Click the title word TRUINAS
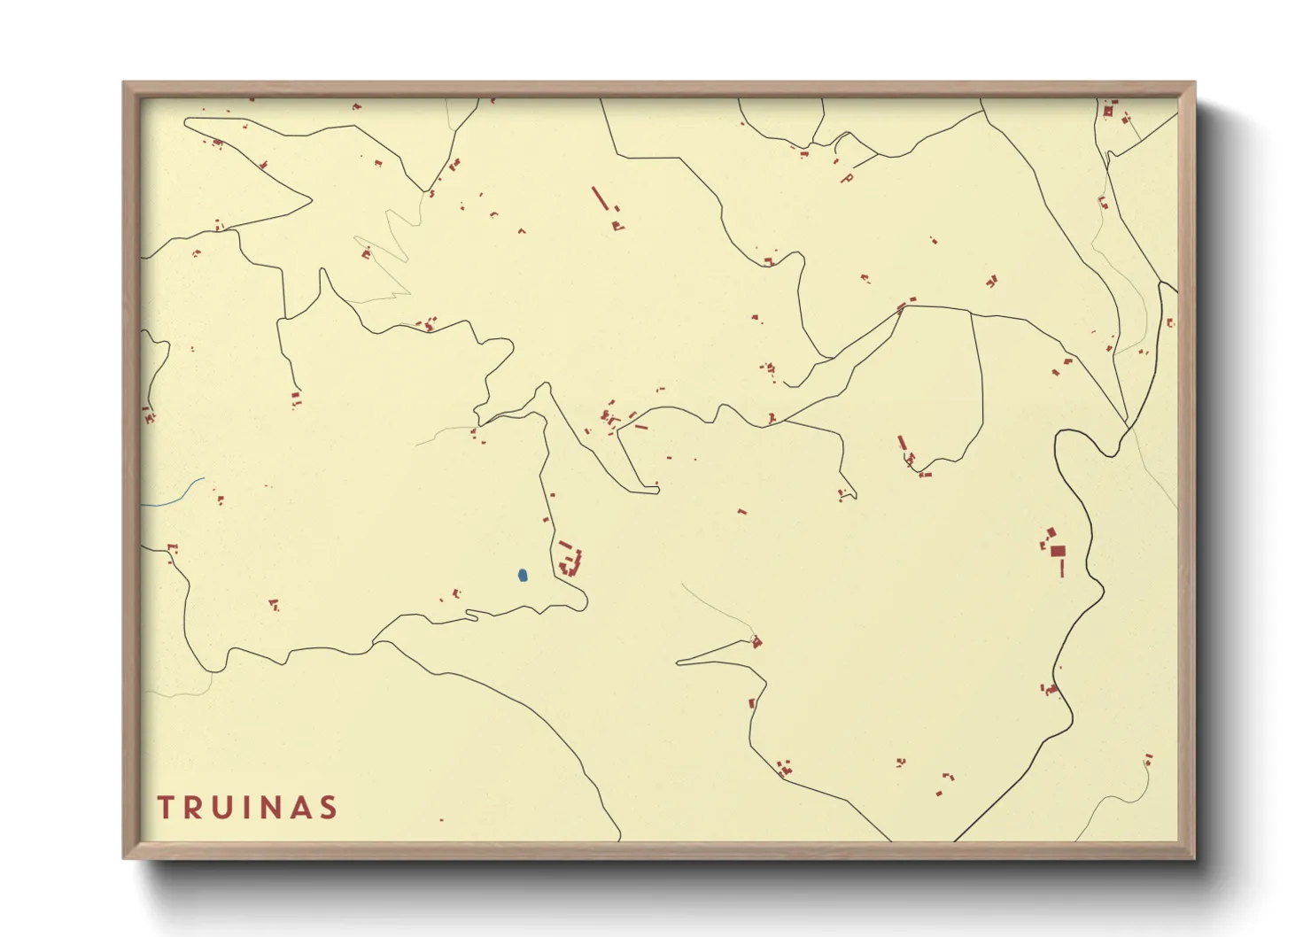[x=247, y=807]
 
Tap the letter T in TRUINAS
[x=166, y=807]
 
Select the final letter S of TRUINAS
[x=330, y=807]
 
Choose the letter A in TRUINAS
[x=300, y=807]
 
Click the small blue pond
[x=523, y=576]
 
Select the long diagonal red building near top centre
[x=600, y=198]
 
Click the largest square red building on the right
[x=1058, y=551]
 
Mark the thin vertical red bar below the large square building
[x=1061, y=568]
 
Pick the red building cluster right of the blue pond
[x=570, y=561]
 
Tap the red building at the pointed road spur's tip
[x=756, y=642]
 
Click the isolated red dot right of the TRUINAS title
[x=441, y=819]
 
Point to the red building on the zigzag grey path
[x=366, y=254]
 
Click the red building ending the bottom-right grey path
[x=1148, y=760]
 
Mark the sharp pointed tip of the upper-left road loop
[x=311, y=199]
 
